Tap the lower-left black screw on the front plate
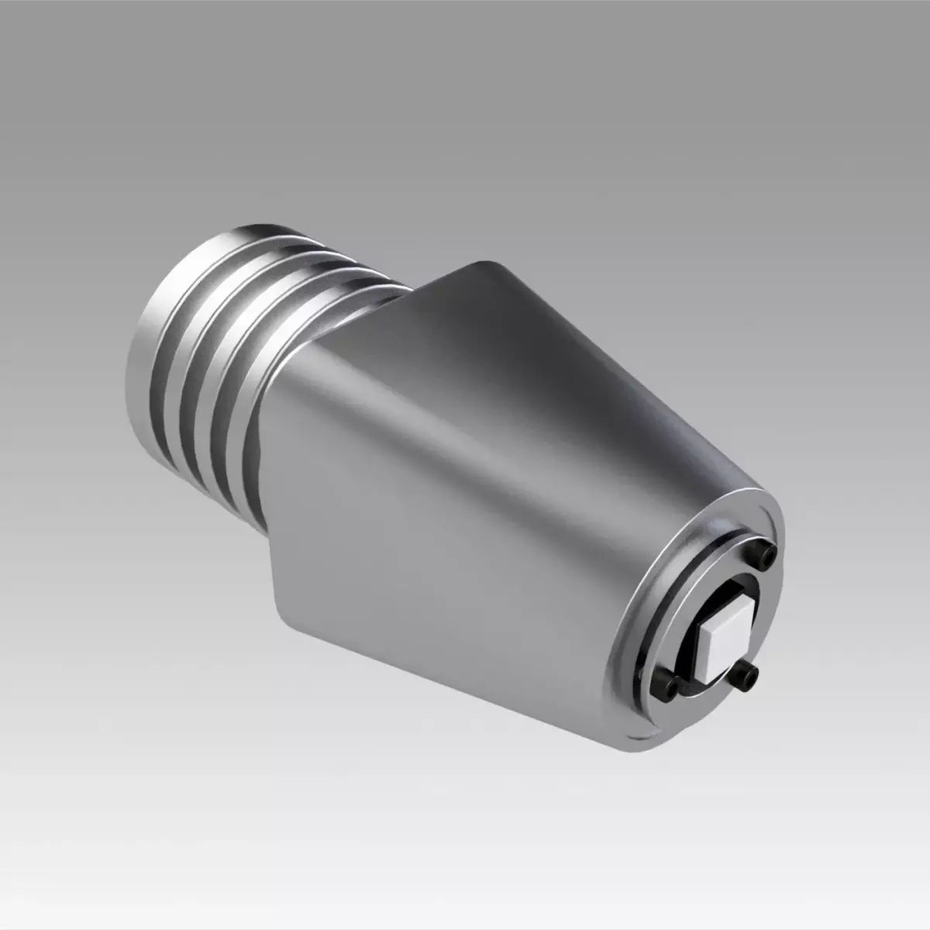tap(669, 684)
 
